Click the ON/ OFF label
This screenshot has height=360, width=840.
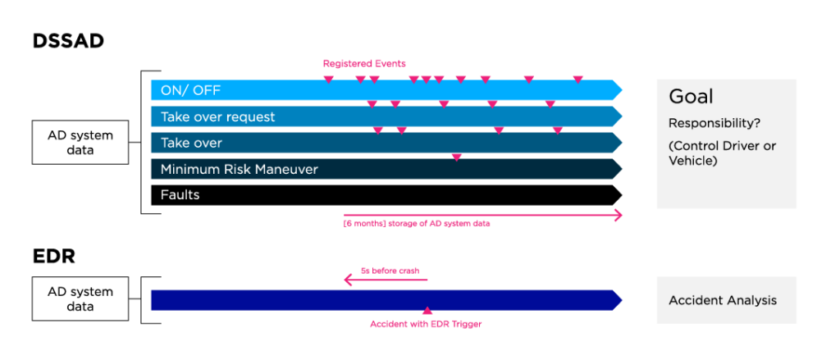tap(190, 90)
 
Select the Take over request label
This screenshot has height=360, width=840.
tap(217, 117)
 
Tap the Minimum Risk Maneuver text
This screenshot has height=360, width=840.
tap(239, 170)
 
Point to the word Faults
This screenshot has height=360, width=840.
tap(180, 195)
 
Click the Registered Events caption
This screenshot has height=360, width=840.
tap(364, 63)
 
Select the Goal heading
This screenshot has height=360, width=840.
tap(691, 97)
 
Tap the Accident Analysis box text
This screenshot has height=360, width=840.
tap(722, 300)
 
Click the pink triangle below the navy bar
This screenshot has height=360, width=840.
tap(427, 311)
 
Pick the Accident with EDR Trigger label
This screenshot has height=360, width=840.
tap(426, 325)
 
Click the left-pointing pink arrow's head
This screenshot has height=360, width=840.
tap(348, 280)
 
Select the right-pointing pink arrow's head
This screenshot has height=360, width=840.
tap(619, 215)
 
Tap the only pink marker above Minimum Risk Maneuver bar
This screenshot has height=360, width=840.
tap(457, 156)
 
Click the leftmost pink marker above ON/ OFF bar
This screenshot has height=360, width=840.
tap(328, 79)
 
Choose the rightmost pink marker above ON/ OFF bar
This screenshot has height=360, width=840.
tap(577, 79)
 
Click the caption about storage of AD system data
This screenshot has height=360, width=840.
tap(417, 223)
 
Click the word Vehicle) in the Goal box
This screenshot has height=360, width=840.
tap(692, 162)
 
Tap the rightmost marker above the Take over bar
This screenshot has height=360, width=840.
tap(557, 130)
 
